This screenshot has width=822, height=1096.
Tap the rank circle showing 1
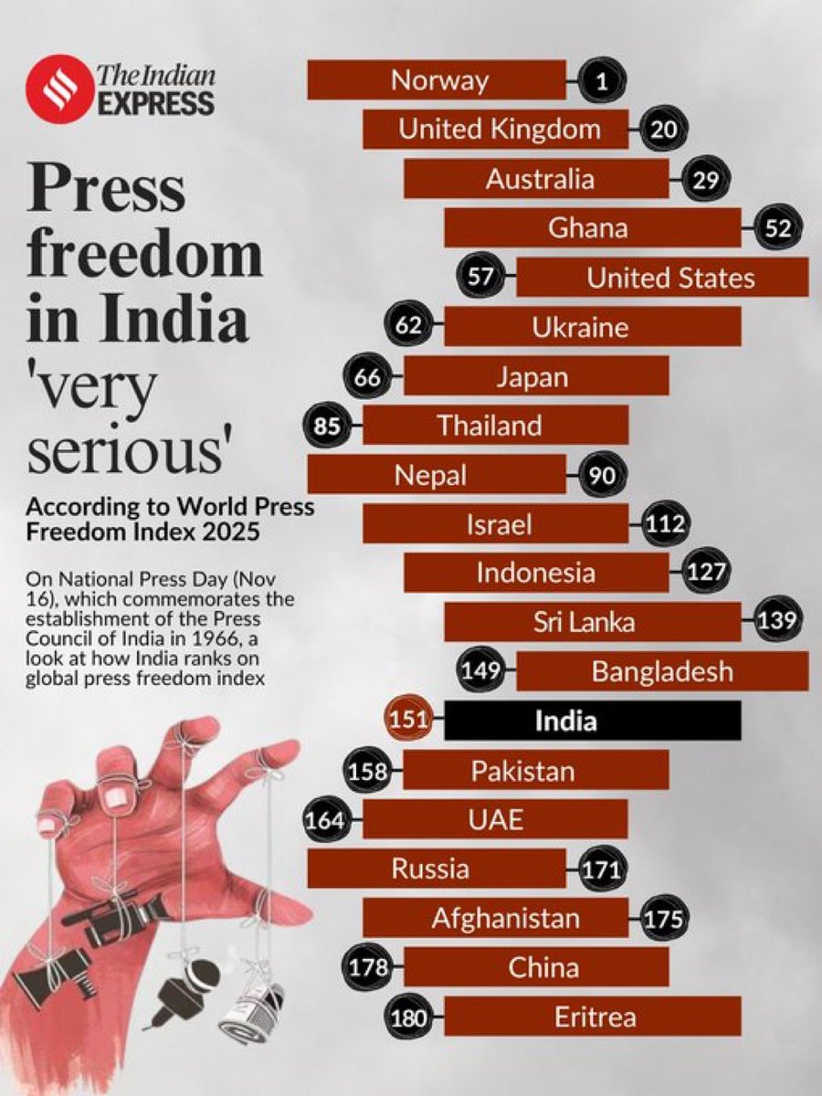point(600,81)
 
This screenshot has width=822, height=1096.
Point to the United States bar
point(662,277)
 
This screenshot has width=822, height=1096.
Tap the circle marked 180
point(409,1016)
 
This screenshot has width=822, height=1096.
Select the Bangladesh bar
point(662,672)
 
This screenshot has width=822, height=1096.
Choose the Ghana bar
point(592,227)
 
